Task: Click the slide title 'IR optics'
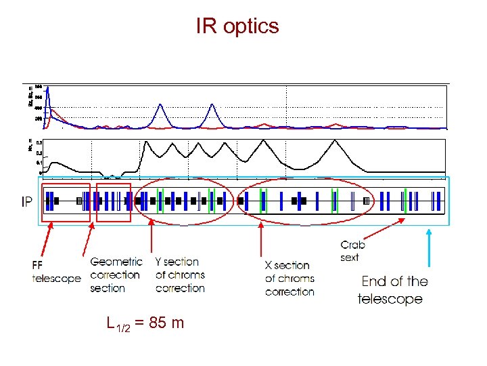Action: (237, 26)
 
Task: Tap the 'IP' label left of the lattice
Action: (24, 203)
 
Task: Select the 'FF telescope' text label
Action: (56, 271)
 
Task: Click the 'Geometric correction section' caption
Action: (116, 274)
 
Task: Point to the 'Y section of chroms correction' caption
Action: (179, 274)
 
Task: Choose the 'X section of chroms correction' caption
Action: (289, 278)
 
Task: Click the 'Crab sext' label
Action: (353, 251)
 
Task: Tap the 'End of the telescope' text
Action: (394, 290)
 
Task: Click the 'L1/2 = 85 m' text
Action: (145, 323)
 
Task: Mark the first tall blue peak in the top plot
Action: (160, 106)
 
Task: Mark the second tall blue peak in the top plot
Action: (212, 106)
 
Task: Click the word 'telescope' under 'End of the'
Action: (390, 299)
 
